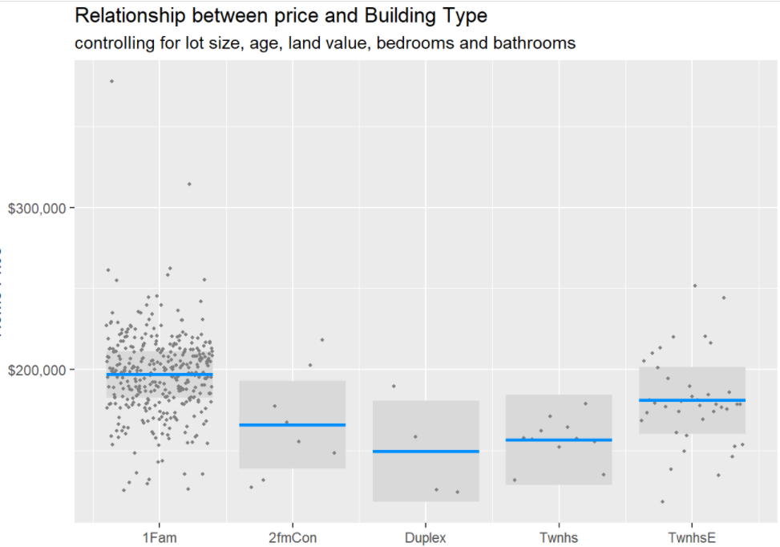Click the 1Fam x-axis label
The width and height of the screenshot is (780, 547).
(x=159, y=537)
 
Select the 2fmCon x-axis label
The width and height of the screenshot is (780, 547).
(x=293, y=537)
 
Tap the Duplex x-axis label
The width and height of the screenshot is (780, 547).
(x=426, y=537)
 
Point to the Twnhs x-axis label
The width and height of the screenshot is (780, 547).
(x=559, y=537)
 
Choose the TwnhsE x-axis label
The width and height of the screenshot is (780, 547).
(x=692, y=537)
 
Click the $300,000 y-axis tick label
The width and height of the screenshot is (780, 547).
(x=39, y=208)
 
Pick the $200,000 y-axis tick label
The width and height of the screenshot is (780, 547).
(x=39, y=370)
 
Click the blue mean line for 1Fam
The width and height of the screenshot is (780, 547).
(x=159, y=375)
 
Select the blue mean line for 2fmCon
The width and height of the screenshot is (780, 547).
(x=293, y=424)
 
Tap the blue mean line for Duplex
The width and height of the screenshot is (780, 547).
(x=426, y=452)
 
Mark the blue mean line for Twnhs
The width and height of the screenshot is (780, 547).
(x=559, y=440)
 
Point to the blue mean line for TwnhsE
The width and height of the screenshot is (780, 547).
(x=692, y=400)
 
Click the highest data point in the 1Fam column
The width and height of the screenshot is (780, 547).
(x=111, y=81)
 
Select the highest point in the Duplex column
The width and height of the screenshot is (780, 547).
(x=394, y=386)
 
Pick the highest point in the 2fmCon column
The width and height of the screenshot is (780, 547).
(x=322, y=339)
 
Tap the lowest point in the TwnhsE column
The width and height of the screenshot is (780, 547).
(x=662, y=501)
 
